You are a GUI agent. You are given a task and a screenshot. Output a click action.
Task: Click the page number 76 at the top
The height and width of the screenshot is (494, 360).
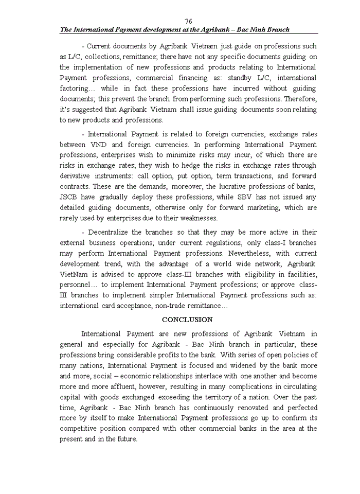188,21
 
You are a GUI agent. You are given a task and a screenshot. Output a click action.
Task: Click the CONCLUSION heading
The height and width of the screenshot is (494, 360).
187,320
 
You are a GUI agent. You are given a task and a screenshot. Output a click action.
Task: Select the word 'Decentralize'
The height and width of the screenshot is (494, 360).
110,232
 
